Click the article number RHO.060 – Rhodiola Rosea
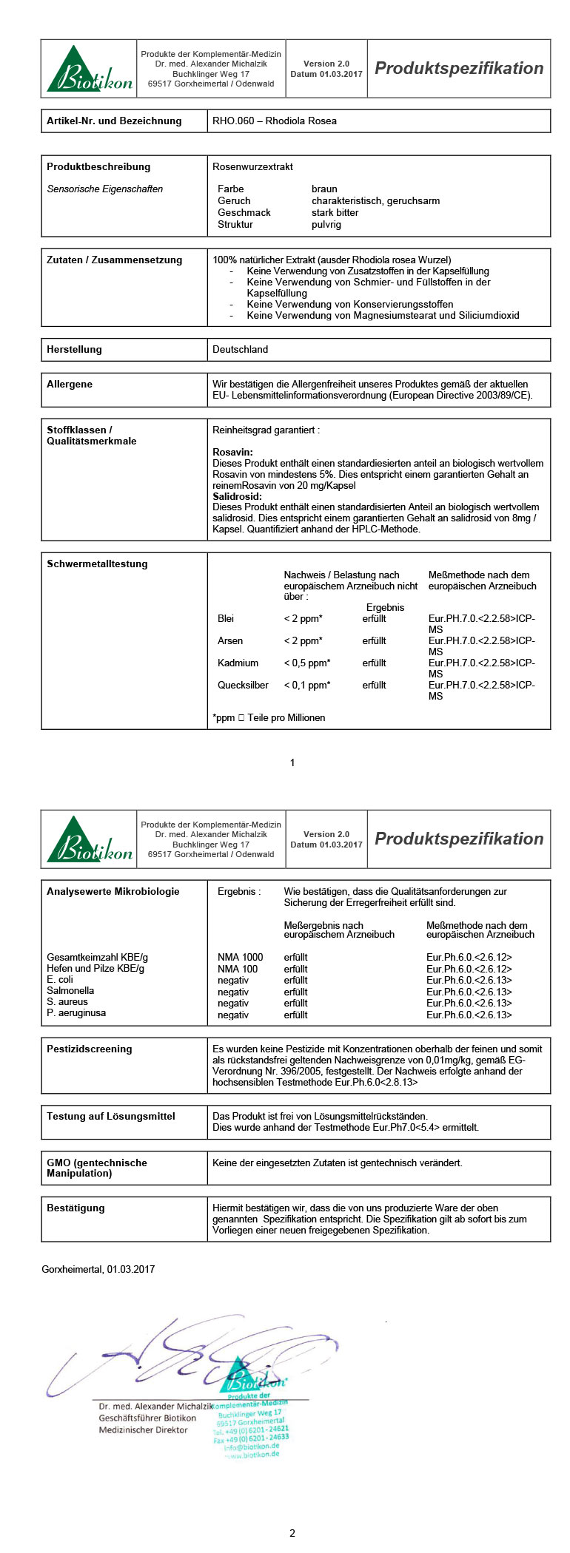click(x=274, y=121)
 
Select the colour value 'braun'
click(x=324, y=189)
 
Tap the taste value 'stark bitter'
click(x=335, y=212)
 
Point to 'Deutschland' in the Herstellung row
click(x=240, y=349)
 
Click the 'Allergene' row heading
click(x=70, y=384)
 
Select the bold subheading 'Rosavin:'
click(x=232, y=452)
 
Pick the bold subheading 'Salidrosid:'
click(x=237, y=496)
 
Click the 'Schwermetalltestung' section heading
click(x=97, y=564)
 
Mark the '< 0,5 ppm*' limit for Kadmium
click(x=307, y=663)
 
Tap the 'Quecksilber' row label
click(x=243, y=685)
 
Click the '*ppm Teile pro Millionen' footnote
click(x=269, y=717)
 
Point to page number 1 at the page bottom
click(x=292, y=762)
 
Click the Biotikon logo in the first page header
click(x=89, y=70)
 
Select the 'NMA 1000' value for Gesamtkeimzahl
click(x=240, y=957)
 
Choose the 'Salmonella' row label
click(x=70, y=990)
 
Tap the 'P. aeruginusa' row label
click(x=76, y=1012)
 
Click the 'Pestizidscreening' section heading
click(x=89, y=1049)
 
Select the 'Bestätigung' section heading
click(x=76, y=1208)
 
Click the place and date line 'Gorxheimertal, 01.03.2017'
click(x=98, y=1269)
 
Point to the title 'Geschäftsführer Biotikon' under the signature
click(x=147, y=1418)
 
